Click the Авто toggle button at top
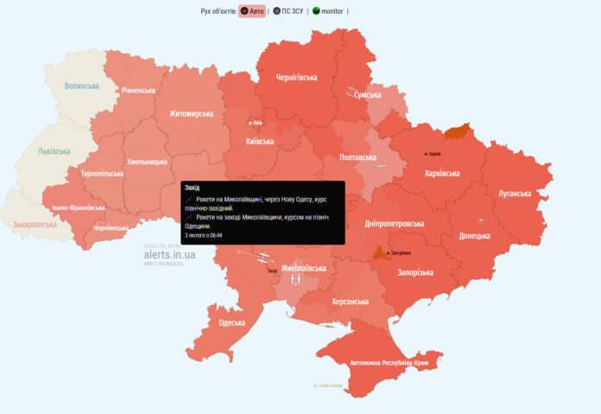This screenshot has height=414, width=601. [x=252, y=11]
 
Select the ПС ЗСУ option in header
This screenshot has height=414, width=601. [x=287, y=11]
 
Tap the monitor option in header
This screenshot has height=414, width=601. [x=328, y=11]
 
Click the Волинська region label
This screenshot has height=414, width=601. [x=83, y=86]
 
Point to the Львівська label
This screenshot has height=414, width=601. [x=54, y=150]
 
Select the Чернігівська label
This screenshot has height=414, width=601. [x=296, y=77]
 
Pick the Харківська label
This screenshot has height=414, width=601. [x=442, y=173]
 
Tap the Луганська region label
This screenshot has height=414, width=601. [x=515, y=193]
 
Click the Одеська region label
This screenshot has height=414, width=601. [x=232, y=322]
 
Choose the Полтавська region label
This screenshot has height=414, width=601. [x=358, y=157]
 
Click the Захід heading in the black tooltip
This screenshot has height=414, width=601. [x=193, y=187]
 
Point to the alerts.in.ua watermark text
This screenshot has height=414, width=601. [x=169, y=254]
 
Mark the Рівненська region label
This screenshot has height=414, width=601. [x=138, y=90]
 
